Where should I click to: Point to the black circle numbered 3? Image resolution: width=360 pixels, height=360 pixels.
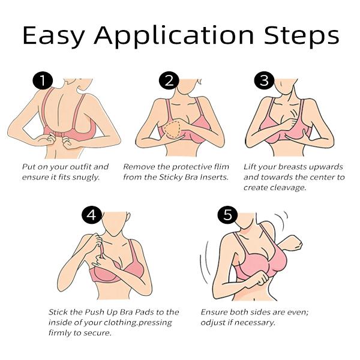[x=262, y=81]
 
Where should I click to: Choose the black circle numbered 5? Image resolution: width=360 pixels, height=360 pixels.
[x=227, y=215]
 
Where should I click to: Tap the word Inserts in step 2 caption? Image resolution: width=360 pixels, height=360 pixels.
[x=213, y=178]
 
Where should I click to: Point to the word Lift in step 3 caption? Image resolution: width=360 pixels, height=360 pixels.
[x=250, y=167]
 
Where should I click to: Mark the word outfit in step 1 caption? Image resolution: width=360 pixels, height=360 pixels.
[x=73, y=167]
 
